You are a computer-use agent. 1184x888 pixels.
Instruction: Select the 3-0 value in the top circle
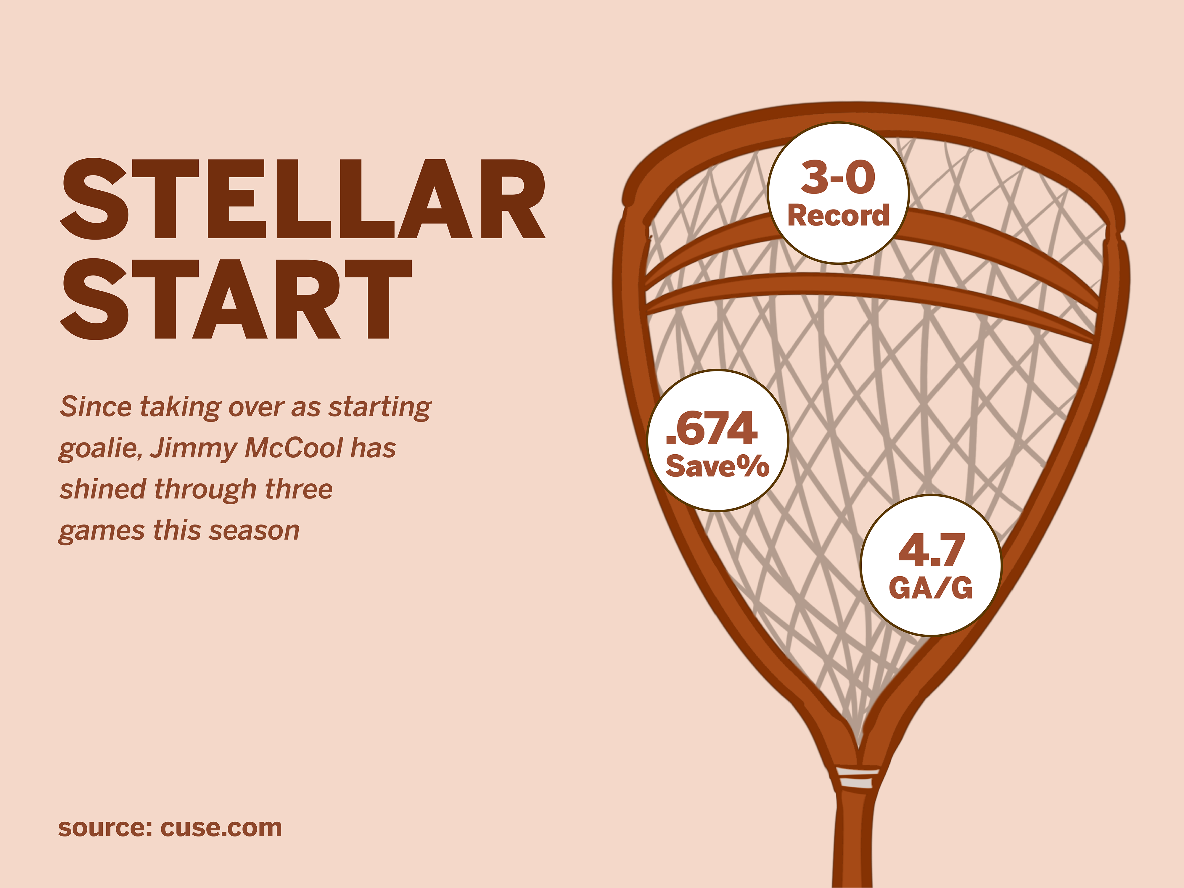(x=838, y=177)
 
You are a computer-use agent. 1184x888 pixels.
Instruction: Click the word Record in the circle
(x=838, y=216)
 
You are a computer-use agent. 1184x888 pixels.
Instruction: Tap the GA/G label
(x=931, y=588)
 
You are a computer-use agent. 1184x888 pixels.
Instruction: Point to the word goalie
(x=100, y=448)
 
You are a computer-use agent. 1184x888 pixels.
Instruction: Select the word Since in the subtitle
(x=95, y=406)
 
